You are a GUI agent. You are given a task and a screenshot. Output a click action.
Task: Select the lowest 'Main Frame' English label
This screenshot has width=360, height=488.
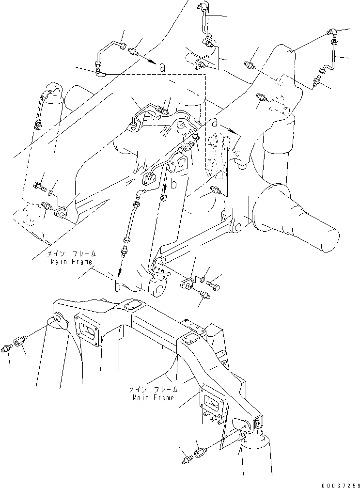coord(153,397)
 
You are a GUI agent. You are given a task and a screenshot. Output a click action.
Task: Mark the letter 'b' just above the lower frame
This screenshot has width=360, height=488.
coord(117,286)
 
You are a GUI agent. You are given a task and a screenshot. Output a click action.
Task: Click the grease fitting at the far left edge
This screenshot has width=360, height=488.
coord(7,347)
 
